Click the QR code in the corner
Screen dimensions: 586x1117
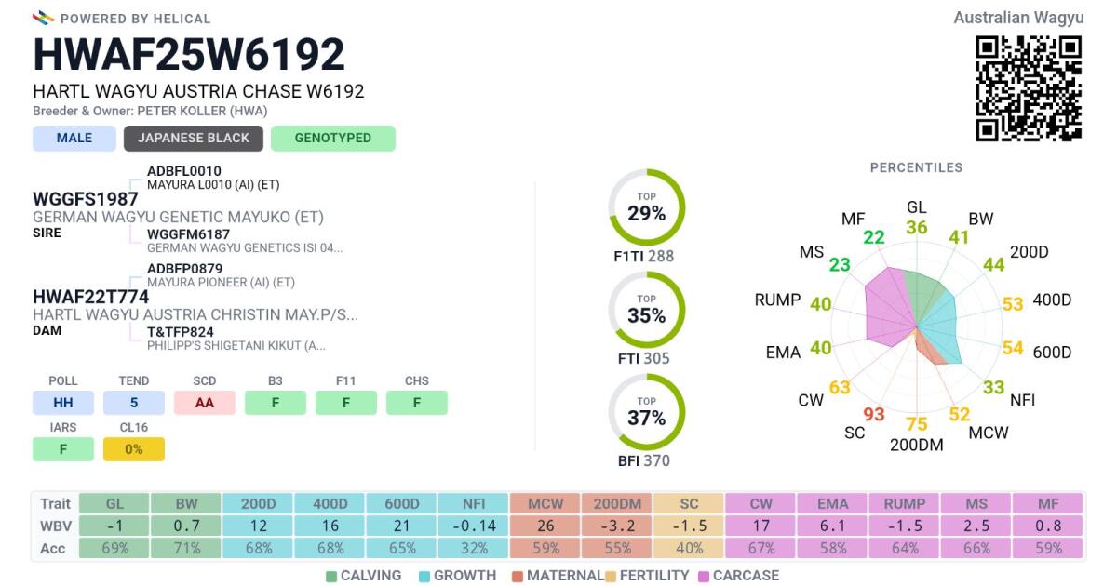pos(1029,88)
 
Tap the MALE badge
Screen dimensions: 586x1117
pos(74,139)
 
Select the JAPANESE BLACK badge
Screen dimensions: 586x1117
pos(194,139)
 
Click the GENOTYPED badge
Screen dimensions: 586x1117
pos(333,139)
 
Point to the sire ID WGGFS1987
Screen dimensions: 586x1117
pos(86,199)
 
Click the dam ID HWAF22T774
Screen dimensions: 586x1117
pos(90,297)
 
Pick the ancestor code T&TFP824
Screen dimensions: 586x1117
pos(181,331)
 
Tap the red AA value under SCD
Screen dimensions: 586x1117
pos(205,403)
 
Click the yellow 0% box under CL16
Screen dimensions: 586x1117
pos(134,449)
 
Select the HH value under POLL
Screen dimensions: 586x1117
pos(63,403)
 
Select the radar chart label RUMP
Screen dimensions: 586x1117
pos(778,300)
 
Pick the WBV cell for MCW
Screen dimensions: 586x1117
pos(545,526)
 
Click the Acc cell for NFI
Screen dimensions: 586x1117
pos(474,549)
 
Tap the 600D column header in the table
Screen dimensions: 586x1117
pos(402,503)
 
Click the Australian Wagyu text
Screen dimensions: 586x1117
pos(1018,18)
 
